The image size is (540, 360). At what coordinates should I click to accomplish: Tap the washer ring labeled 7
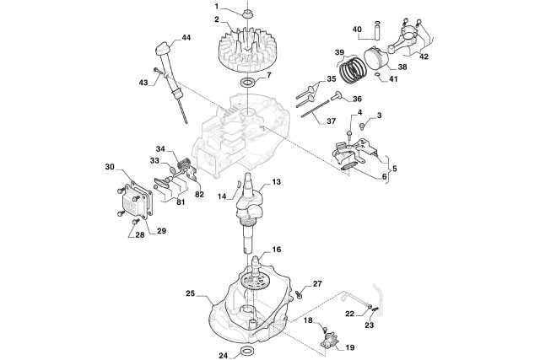coord(248,83)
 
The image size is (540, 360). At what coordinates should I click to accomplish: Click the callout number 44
coord(186,38)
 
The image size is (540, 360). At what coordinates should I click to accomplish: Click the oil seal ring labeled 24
coord(246,350)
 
